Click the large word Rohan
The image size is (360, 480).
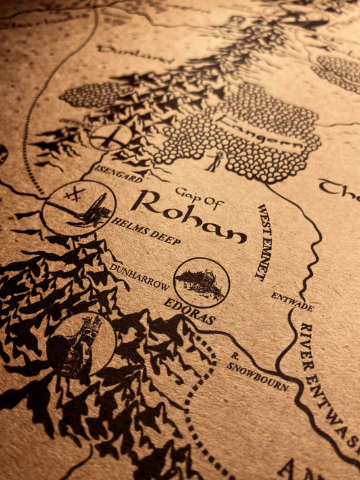188,217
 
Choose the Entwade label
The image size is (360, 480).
292,301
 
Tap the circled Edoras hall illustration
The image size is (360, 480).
201,282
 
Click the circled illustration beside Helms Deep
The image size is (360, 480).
79,207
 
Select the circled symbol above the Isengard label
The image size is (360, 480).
111,137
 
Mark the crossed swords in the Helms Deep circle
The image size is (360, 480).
74,194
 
